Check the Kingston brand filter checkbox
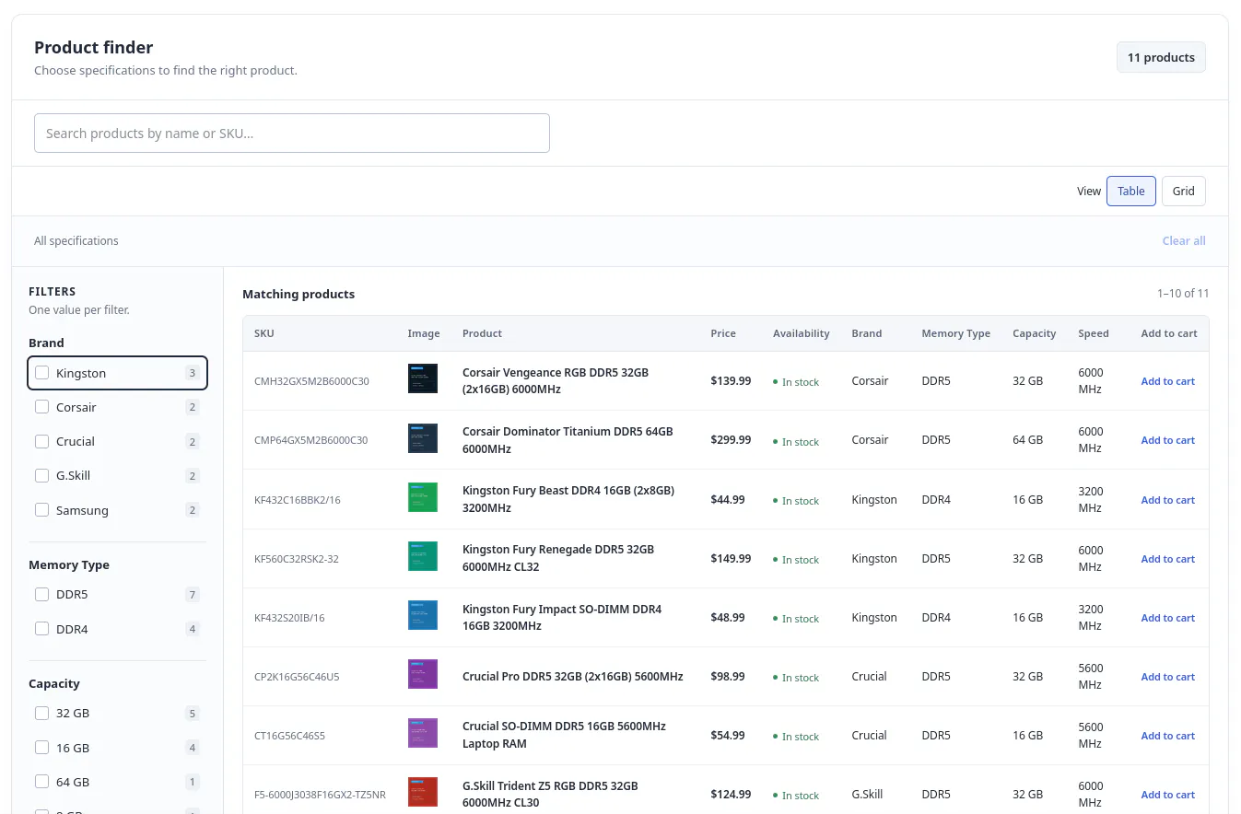(x=42, y=373)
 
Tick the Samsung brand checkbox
(x=42, y=509)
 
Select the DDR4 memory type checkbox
(x=42, y=629)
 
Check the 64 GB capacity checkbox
(x=42, y=782)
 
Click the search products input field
(x=292, y=133)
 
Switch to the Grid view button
(x=1183, y=191)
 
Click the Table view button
(x=1130, y=191)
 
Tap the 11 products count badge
(x=1161, y=57)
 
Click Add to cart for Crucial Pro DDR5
(x=1167, y=677)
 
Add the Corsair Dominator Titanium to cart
(x=1167, y=440)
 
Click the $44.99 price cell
(x=728, y=499)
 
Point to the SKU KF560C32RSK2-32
(x=297, y=559)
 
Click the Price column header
(x=723, y=333)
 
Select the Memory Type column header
(x=955, y=333)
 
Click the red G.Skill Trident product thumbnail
(x=423, y=792)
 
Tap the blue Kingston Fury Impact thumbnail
(x=423, y=615)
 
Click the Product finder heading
(x=94, y=48)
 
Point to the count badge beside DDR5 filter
(x=193, y=595)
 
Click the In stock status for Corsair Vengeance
(x=796, y=382)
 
